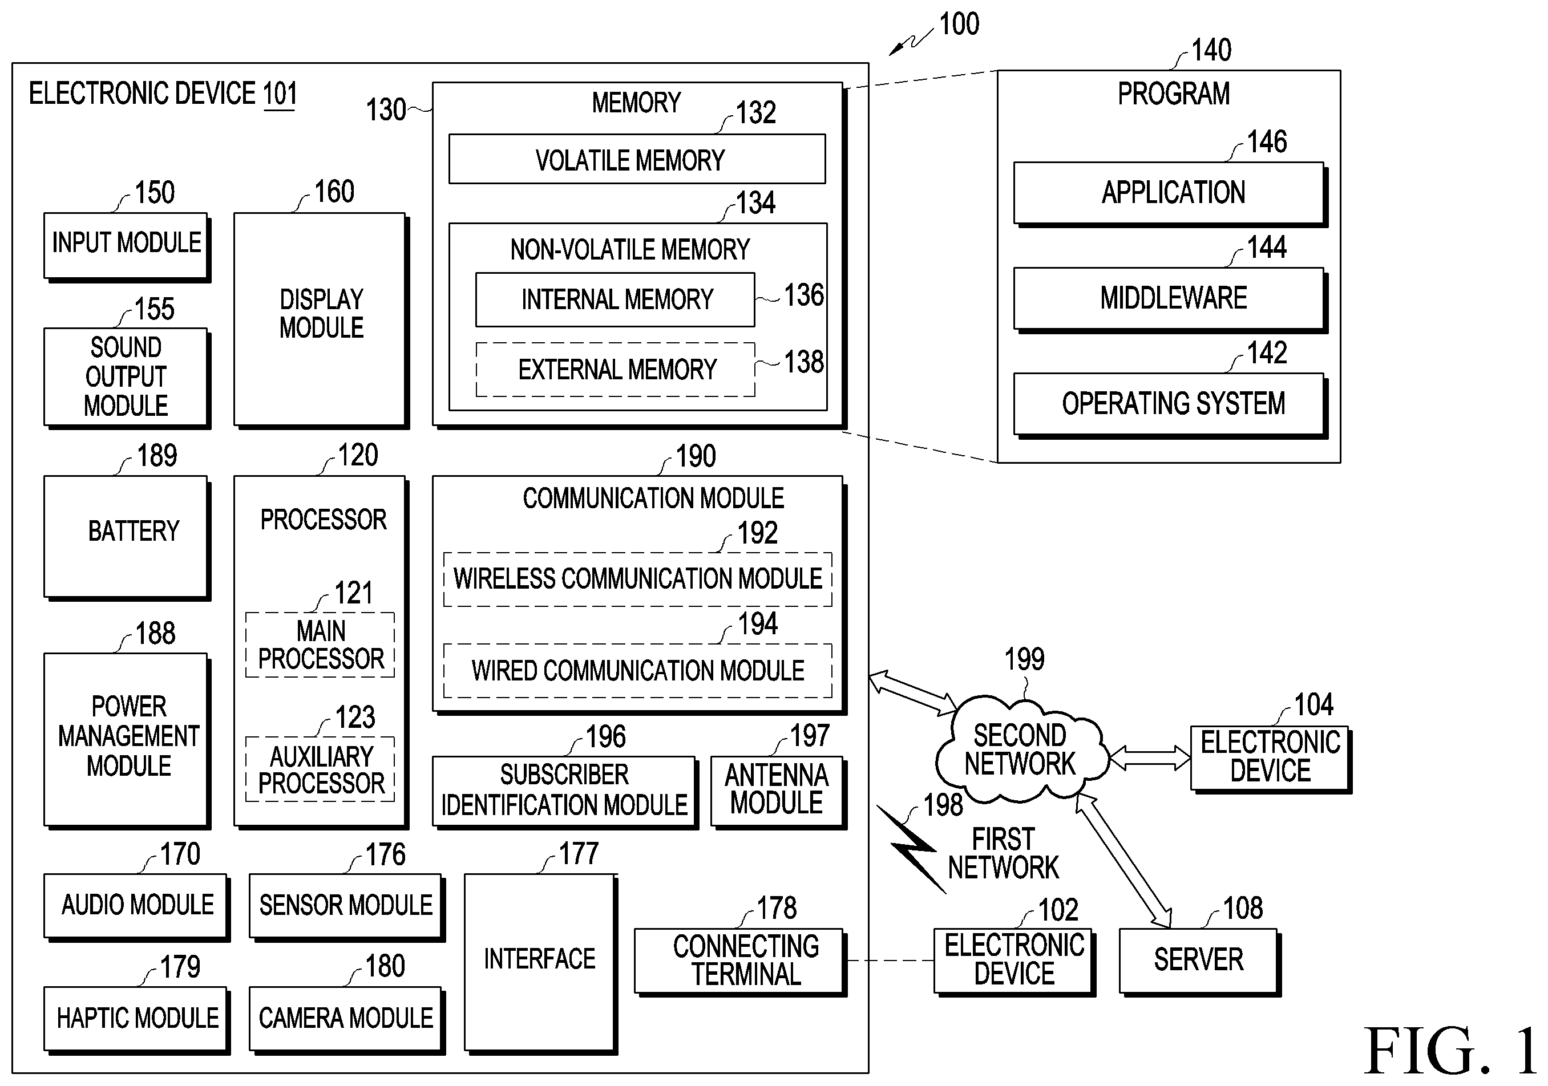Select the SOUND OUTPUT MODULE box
tap(127, 378)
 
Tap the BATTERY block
tap(127, 538)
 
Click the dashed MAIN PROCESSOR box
tap(320, 645)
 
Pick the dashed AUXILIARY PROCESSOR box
tap(320, 769)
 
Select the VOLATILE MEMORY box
tap(637, 159)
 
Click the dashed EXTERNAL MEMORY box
tap(616, 370)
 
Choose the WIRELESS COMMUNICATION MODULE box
tap(638, 579)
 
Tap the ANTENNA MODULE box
tap(779, 792)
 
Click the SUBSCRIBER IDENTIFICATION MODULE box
tap(565, 792)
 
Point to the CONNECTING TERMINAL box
tap(740, 962)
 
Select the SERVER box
tap(1199, 962)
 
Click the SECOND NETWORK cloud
tap(1021, 749)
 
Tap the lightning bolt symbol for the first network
tap(912, 849)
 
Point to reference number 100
tap(959, 25)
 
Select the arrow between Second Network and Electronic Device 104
tap(1150, 757)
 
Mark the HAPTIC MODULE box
tap(137, 1020)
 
